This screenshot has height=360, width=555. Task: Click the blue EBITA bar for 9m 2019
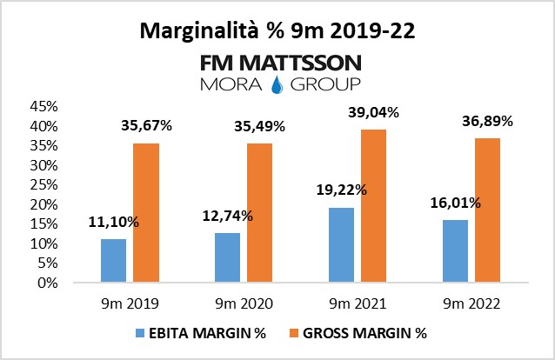coord(113,261)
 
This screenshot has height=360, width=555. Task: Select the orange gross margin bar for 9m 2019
coord(146,213)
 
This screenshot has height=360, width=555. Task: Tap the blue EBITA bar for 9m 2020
coord(227,257)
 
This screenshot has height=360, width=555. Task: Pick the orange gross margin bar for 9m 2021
coord(373,206)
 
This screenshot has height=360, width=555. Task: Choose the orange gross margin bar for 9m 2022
coord(487,210)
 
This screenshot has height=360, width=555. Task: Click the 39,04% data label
coord(374,112)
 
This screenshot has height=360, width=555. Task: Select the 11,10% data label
coord(113,222)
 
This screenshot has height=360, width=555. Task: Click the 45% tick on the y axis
coord(43,106)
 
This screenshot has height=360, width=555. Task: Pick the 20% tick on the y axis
coord(43,204)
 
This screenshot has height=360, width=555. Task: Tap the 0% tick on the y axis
coord(47,283)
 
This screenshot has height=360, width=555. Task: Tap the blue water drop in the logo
coord(277,84)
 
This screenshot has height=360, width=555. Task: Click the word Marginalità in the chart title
coord(193,32)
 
